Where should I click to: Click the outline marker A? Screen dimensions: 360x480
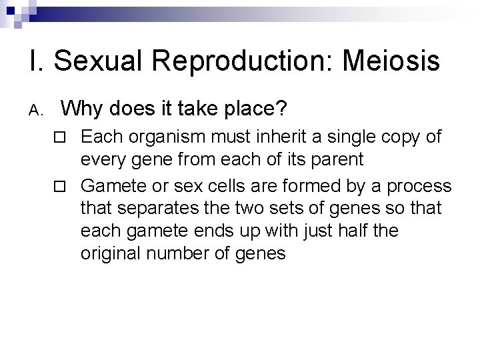pos(37,109)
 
